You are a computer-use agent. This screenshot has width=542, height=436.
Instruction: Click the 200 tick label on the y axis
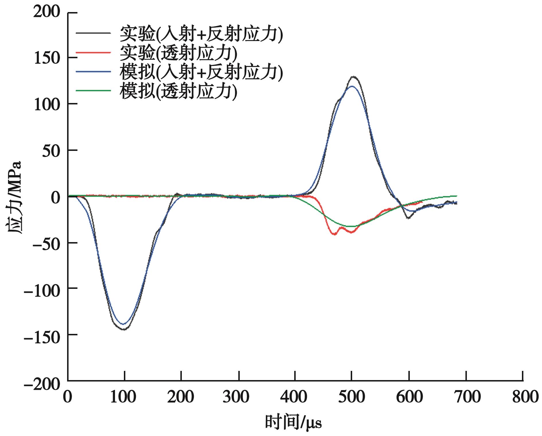47,13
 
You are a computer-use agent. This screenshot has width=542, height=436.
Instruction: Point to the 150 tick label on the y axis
47,58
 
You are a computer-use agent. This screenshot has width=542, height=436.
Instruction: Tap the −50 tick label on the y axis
47,243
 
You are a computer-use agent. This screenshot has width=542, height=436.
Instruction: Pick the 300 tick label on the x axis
239,397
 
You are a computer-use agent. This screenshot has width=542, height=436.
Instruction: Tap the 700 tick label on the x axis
466,397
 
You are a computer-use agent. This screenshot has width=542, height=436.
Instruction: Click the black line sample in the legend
93,33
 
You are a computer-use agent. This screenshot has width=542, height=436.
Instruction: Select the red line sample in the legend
93,52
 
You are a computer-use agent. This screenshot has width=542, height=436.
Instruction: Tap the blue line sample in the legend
93,72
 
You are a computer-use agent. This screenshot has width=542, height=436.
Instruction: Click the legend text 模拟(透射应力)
178,91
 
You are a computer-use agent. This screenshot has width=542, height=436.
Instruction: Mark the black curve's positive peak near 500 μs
354,77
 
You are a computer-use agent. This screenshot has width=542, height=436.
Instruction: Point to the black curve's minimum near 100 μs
124,329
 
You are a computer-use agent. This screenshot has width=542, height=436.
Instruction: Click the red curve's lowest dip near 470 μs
334,234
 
